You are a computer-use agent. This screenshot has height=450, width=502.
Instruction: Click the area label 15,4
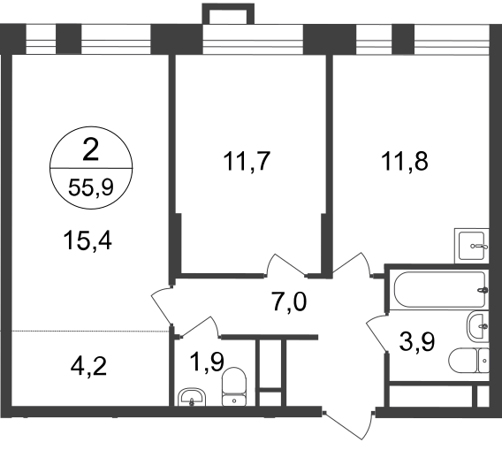87,240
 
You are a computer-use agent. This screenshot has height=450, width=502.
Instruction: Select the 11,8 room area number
405,161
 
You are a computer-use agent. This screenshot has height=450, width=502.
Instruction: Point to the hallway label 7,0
290,301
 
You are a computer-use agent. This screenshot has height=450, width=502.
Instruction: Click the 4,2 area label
88,367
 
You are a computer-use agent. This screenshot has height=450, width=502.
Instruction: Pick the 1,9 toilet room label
207,362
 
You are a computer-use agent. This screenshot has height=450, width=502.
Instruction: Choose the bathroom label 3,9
417,342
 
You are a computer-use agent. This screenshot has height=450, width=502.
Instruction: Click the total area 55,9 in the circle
91,187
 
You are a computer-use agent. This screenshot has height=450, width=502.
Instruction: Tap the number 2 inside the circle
91,150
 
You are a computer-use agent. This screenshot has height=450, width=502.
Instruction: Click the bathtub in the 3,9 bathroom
441,290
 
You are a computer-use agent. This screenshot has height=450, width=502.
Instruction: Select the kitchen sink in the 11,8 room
472,246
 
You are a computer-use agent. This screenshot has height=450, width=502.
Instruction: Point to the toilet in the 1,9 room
234,387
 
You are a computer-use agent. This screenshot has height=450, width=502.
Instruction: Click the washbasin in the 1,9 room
192,397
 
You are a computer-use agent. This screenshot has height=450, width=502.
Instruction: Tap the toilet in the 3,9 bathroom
469,361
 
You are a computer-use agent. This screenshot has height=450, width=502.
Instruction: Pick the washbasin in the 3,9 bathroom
478,327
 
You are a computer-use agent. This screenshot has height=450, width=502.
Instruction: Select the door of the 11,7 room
285,264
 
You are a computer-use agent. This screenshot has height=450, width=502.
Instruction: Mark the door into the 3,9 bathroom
376,333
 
